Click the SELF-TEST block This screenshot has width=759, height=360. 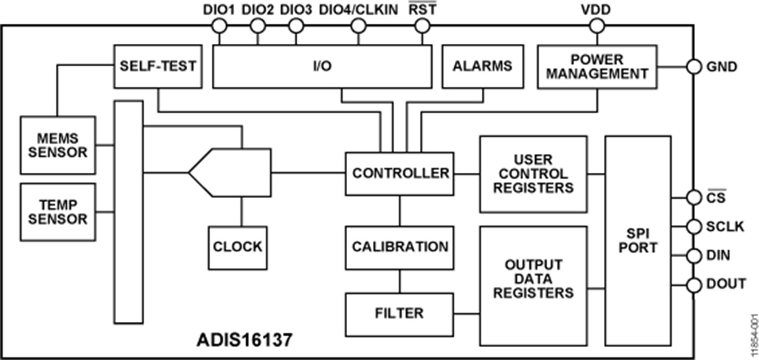click(158, 67)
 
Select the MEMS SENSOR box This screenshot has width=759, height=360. click(58, 145)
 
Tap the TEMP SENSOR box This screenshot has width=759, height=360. click(58, 212)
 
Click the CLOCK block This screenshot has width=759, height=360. click(237, 248)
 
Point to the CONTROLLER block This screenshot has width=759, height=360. click(400, 174)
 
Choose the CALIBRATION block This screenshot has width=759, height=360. click(400, 248)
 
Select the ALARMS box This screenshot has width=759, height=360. click(482, 67)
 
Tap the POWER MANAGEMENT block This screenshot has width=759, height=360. click(597, 67)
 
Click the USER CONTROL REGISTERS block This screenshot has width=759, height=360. click(533, 174)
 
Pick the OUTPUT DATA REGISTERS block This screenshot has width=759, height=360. click(533, 286)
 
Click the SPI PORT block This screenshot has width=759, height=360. click(638, 240)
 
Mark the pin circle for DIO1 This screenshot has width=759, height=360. click(220, 26)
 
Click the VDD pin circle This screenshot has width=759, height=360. click(597, 26)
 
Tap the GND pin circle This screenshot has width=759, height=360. click(694, 67)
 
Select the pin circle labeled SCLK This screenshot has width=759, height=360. click(694, 227)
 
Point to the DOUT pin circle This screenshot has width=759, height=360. click(694, 286)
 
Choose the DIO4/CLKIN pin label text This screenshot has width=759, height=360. click(359, 10)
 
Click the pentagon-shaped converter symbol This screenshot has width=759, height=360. click(230, 172)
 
